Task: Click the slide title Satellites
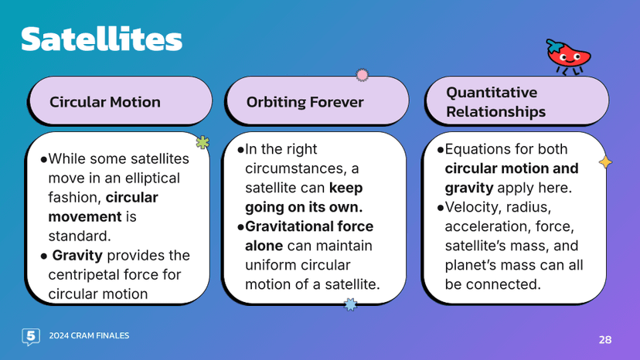tap(101, 39)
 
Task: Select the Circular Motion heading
tap(105, 102)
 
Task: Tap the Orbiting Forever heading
tap(305, 102)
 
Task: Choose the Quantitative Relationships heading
tap(495, 102)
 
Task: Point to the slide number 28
tap(605, 339)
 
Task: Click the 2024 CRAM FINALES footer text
tap(89, 336)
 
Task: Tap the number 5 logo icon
tap(31, 336)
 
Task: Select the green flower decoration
tap(203, 142)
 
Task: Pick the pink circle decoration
tap(362, 75)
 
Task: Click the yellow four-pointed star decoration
tap(605, 162)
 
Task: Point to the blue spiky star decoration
tap(350, 304)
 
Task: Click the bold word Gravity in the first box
tap(77, 255)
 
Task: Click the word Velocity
tap(473, 207)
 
